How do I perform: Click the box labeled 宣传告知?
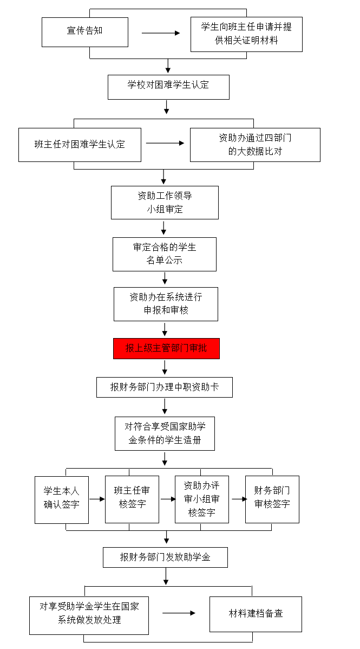[85, 32]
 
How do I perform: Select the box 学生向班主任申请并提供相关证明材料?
[246, 34]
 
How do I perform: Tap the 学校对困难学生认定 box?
[168, 87]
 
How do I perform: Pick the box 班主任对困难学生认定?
[80, 145]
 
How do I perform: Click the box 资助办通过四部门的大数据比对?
[255, 145]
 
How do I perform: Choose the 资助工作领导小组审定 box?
[165, 203]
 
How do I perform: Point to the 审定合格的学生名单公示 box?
[164, 254]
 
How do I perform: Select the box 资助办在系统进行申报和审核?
[166, 304]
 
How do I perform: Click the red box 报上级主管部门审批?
[166, 348]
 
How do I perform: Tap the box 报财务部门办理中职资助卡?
[164, 387]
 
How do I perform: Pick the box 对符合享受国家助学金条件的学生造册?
[165, 433]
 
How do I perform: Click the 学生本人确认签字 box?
[62, 500]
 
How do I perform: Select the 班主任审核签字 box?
[132, 499]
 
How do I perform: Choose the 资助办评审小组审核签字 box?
[202, 499]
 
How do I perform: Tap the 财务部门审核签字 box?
[272, 499]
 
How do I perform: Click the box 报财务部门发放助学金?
[165, 557]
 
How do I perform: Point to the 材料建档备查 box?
[256, 614]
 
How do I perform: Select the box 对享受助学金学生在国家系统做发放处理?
[89, 615]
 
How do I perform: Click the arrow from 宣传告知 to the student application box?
[161, 33]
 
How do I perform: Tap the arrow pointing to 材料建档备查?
[179, 613]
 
